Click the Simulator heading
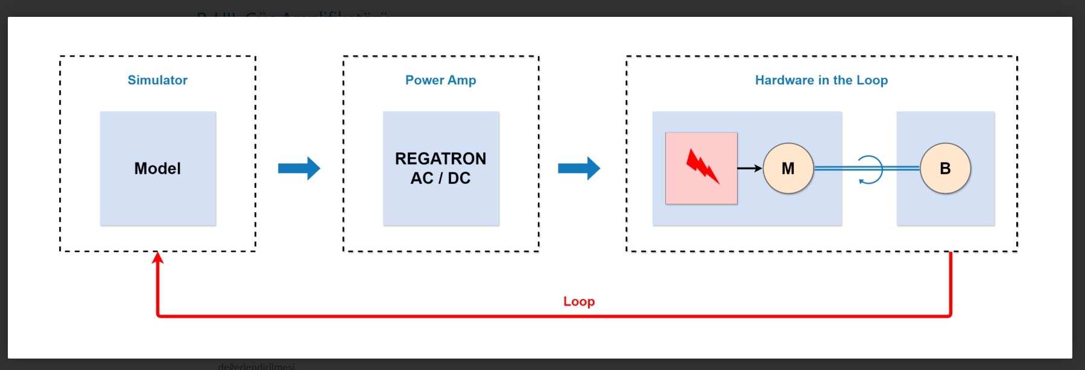coord(157,80)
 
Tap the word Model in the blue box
coord(157,169)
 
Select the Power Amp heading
coord(440,80)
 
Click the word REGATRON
coord(440,158)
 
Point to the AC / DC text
coord(440,178)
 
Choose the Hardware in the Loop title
coord(821,80)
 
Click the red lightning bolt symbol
coord(702,167)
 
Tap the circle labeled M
coord(788,169)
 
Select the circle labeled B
coord(945,169)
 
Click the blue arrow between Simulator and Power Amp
coord(299,169)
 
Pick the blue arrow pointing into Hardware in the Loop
coord(579,169)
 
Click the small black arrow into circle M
coord(750,168)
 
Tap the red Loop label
coord(579,301)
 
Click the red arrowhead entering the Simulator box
coord(157,258)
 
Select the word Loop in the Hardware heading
coord(872,80)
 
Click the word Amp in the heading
coord(462,80)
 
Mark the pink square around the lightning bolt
coord(675,193)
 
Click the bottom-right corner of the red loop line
coord(950,315)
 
